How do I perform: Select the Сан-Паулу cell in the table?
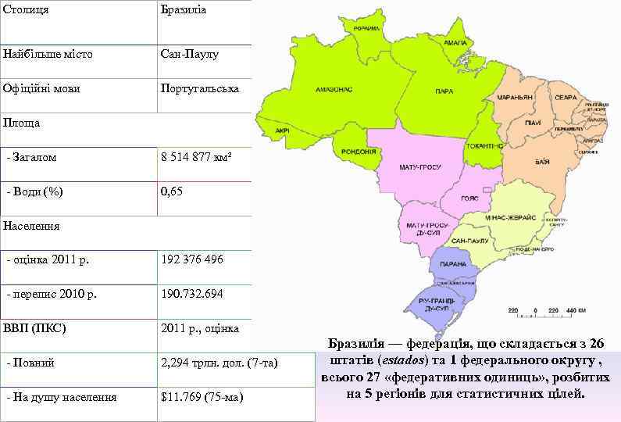189,55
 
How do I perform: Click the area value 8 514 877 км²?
196,157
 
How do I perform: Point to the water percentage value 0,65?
172,191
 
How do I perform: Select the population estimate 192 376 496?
192,259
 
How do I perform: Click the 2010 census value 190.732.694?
192,294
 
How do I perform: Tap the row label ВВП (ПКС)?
34,328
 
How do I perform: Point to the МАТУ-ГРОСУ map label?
420,167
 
